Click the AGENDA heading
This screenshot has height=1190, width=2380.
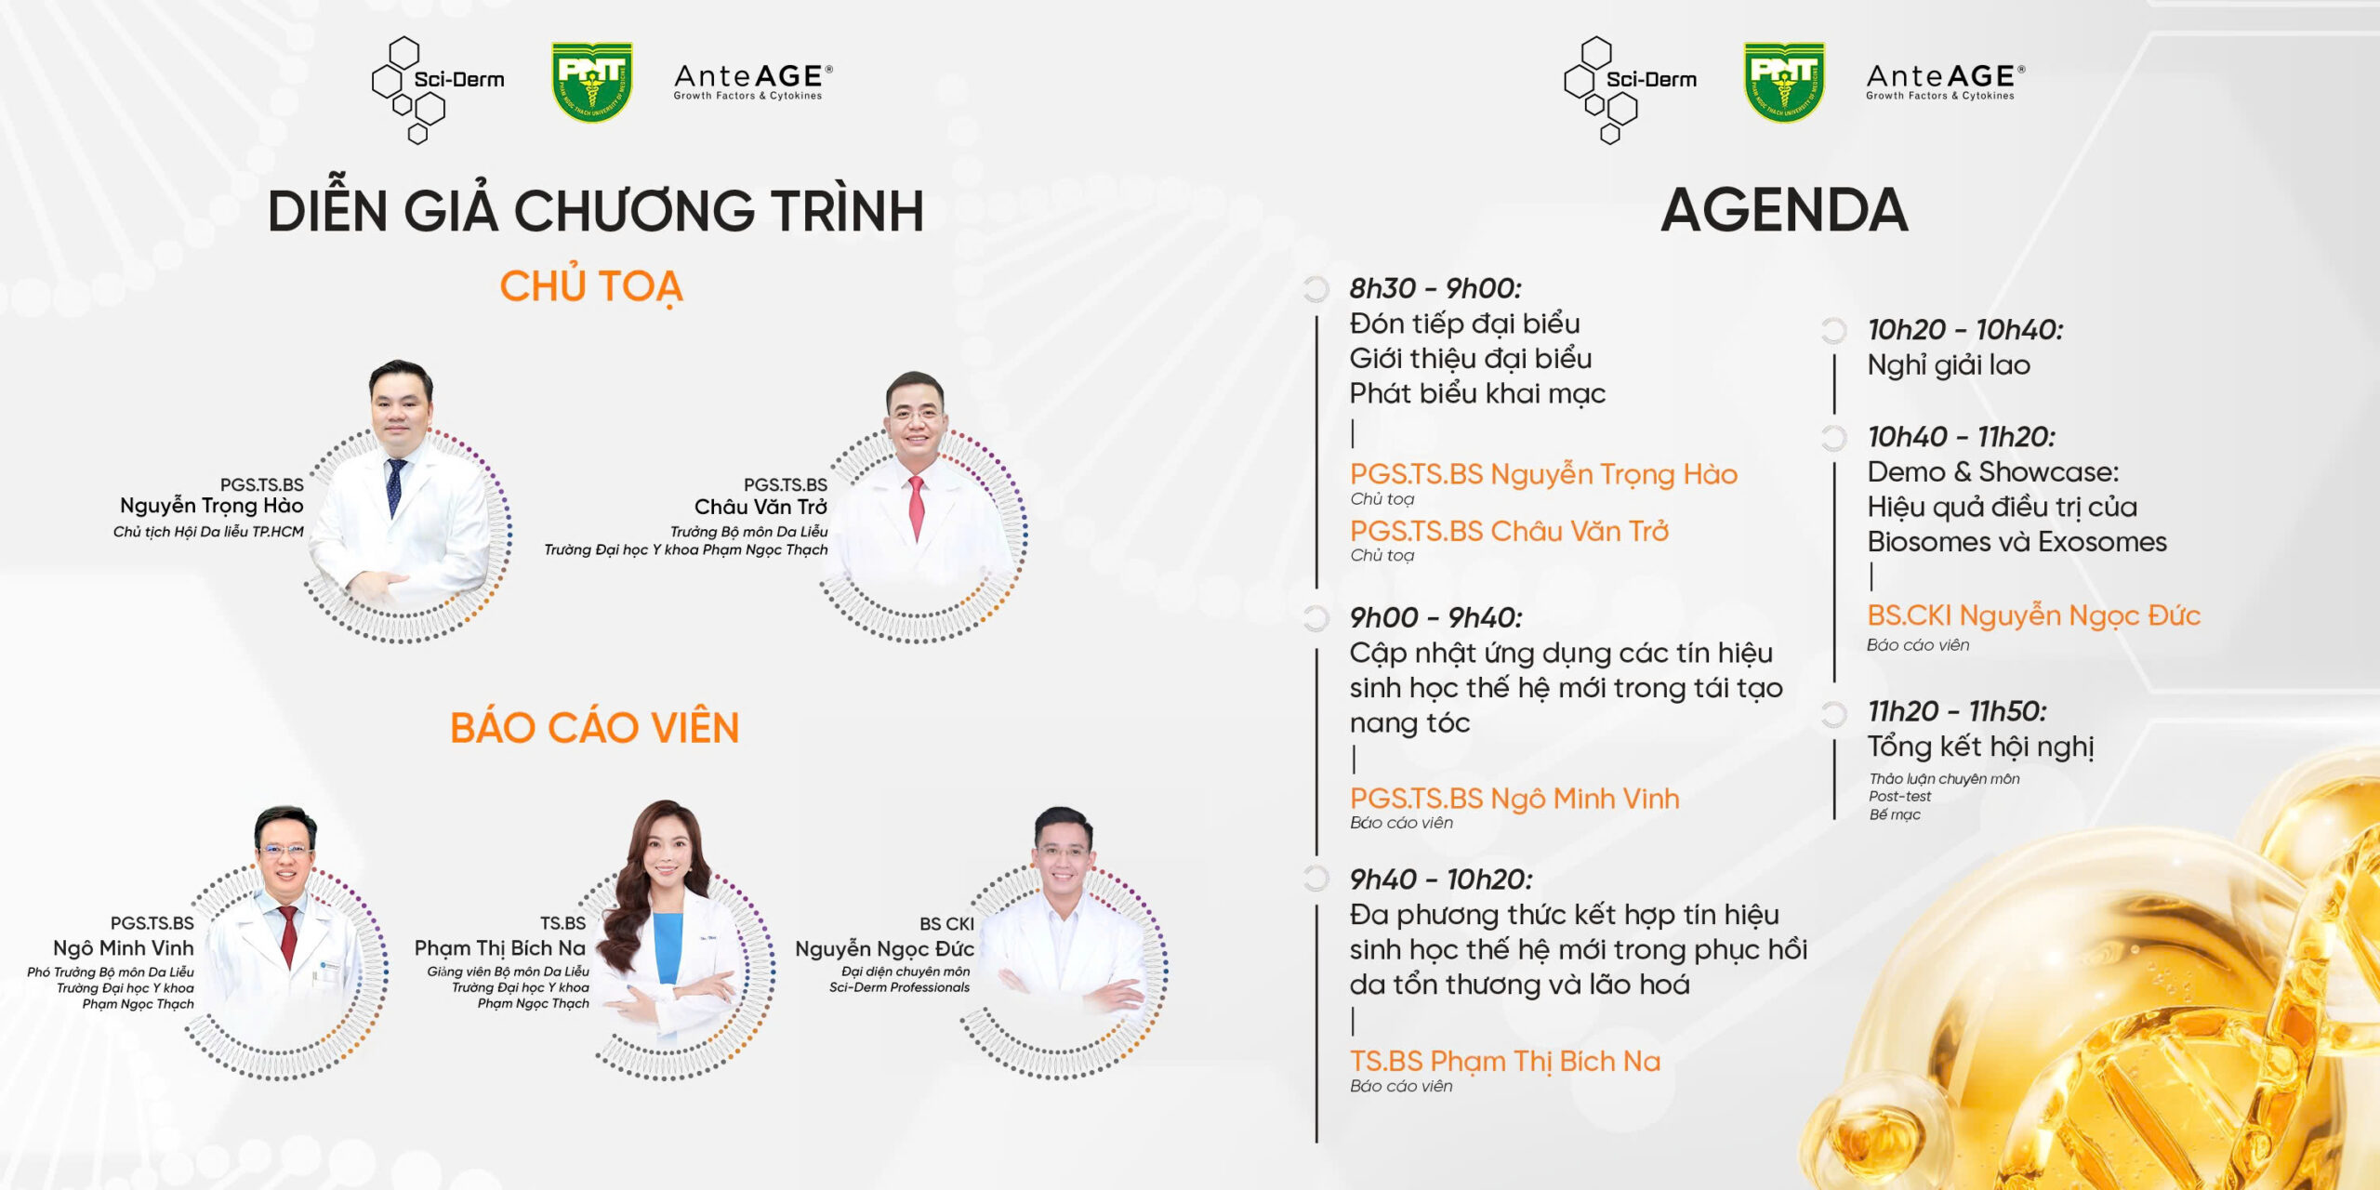click(x=1784, y=210)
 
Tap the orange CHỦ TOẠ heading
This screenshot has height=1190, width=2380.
click(x=591, y=286)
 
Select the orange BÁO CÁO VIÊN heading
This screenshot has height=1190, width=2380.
click(x=594, y=727)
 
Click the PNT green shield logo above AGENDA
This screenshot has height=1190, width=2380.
click(x=1783, y=82)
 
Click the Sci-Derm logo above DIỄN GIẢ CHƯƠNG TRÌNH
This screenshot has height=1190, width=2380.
click(x=438, y=90)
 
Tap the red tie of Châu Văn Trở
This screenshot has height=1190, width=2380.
click(x=917, y=507)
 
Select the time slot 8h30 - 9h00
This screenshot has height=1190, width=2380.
click(x=1435, y=288)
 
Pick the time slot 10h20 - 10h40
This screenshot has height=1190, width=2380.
click(x=1965, y=329)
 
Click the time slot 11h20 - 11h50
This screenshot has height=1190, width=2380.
click(x=1957, y=711)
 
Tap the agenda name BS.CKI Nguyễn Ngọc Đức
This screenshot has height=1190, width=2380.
click(x=2033, y=615)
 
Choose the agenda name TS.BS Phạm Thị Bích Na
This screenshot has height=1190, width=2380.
click(x=1504, y=1061)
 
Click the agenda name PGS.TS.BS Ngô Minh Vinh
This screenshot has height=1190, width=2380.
click(x=1514, y=799)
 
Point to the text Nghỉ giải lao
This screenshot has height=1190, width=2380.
click(x=1949, y=365)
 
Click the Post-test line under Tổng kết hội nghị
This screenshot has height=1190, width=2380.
click(x=1899, y=797)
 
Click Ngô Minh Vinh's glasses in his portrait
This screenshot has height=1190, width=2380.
click(x=284, y=849)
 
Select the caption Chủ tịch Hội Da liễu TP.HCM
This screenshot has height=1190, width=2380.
click(x=208, y=532)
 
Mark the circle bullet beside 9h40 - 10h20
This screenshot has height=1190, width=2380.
click(x=1316, y=879)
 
